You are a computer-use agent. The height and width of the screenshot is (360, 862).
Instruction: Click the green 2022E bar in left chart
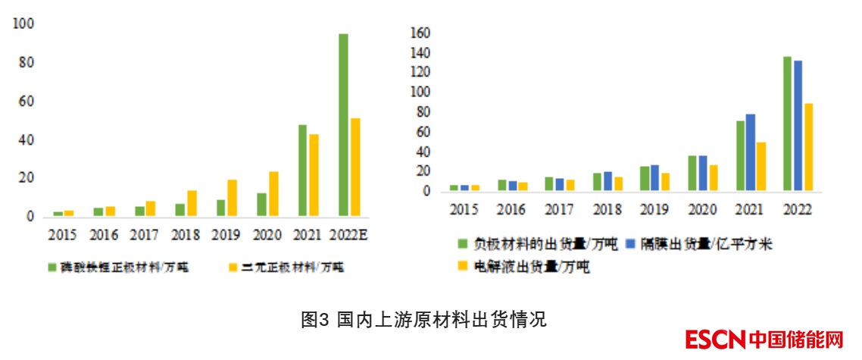point(343,125)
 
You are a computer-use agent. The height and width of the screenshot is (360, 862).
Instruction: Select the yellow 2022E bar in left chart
point(354,167)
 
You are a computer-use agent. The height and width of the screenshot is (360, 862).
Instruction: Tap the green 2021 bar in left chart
point(302,170)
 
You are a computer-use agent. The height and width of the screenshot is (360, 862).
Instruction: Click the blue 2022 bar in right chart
point(797,125)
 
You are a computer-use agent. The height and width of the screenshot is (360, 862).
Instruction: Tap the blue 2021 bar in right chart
point(750,152)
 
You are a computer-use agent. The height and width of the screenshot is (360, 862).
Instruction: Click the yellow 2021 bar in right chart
point(760,166)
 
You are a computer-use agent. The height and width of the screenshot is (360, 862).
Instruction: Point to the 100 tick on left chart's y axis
point(24,24)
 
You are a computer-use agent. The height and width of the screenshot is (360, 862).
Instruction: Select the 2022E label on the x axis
point(348,235)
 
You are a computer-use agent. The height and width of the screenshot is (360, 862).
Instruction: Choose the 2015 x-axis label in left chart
point(63,235)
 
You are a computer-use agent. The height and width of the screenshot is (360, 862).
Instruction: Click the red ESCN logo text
point(715,339)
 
